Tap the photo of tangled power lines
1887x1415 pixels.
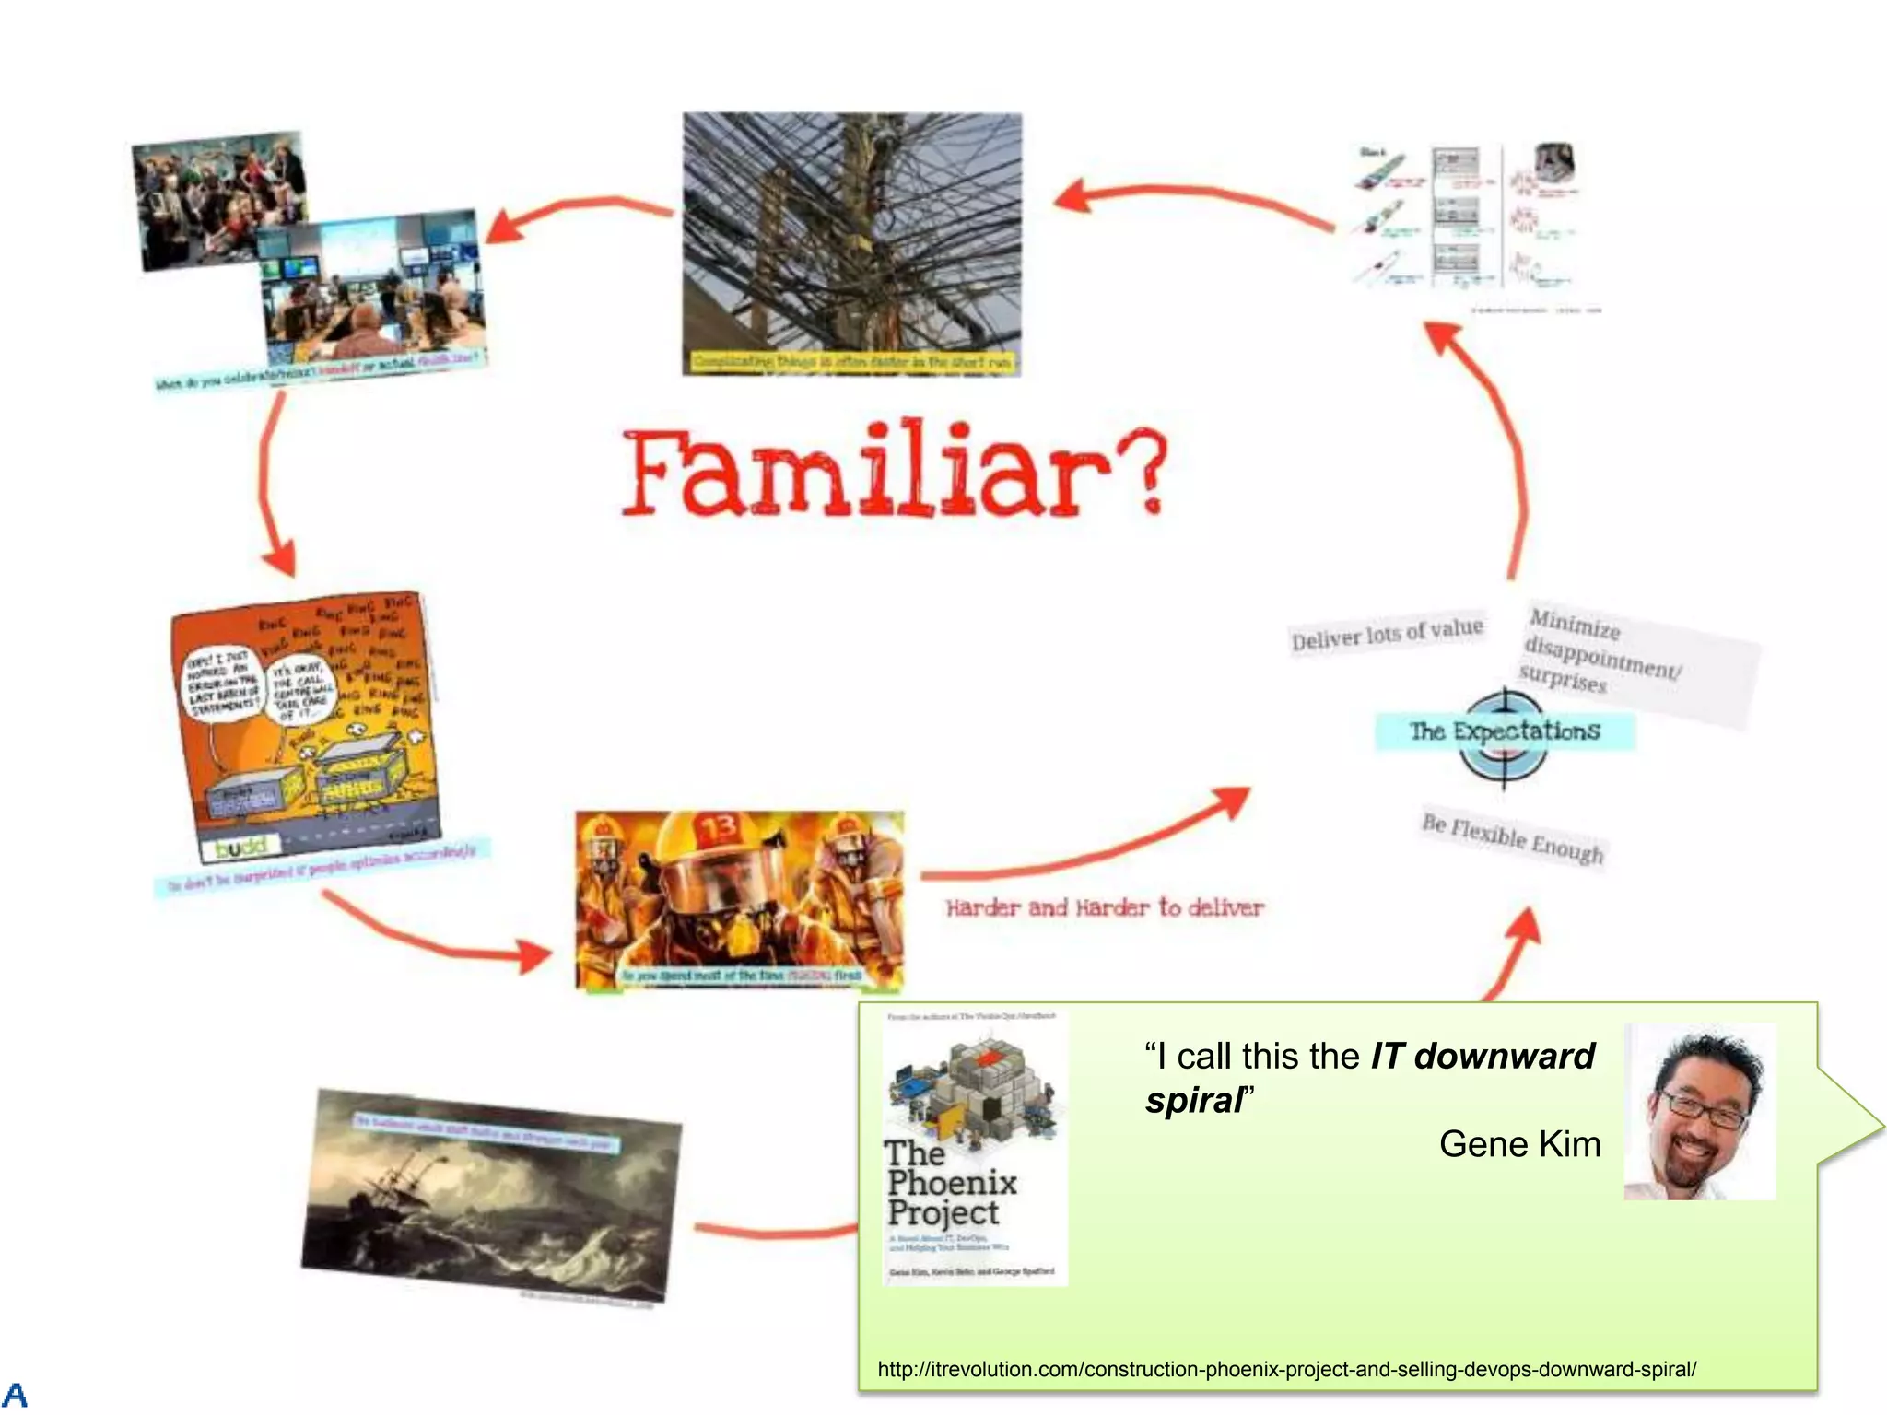pyautogui.click(x=851, y=230)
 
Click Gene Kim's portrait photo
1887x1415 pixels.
pyautogui.click(x=1699, y=1111)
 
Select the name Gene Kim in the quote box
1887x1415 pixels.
pyautogui.click(x=1519, y=1144)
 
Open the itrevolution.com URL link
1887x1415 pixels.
pyautogui.click(x=1286, y=1369)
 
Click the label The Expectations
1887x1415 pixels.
pyautogui.click(x=1505, y=731)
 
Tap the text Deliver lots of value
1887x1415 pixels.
pyautogui.click(x=1387, y=634)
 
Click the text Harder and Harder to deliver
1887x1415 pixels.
pyautogui.click(x=1104, y=908)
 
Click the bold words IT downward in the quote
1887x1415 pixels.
pyautogui.click(x=1482, y=1056)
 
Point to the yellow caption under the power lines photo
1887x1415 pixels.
pyautogui.click(x=851, y=362)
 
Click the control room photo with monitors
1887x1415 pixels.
pyautogui.click(x=369, y=290)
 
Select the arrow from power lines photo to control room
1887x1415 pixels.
pyautogui.click(x=580, y=212)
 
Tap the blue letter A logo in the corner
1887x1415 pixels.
pyautogui.click(x=15, y=1395)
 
